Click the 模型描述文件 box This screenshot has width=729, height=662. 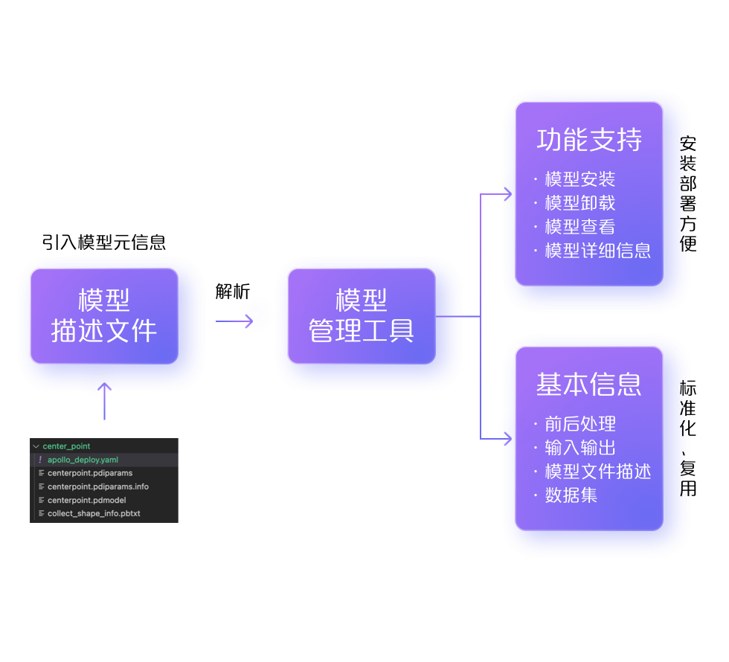[x=104, y=316]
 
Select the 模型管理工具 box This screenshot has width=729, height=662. [x=362, y=316]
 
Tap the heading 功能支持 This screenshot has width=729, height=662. [x=589, y=141]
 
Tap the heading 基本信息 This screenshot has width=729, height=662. [x=589, y=385]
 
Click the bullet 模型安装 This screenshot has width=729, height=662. [x=579, y=179]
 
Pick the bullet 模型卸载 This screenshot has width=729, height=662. [x=579, y=203]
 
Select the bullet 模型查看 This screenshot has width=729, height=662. [x=579, y=227]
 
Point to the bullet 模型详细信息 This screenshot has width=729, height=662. [x=597, y=251]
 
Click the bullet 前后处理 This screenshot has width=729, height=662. [x=579, y=424]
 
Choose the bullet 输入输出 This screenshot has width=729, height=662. [x=579, y=448]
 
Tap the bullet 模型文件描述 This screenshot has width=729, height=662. [x=597, y=472]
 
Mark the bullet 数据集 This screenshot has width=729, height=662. [x=571, y=495]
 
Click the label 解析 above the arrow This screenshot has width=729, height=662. [x=233, y=292]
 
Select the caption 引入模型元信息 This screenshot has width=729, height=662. [x=104, y=242]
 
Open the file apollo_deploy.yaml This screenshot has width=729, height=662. [x=83, y=460]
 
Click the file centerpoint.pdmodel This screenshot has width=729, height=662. [x=86, y=500]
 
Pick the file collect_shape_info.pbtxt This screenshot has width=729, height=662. [x=94, y=513]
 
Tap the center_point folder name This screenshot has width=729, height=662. [x=66, y=446]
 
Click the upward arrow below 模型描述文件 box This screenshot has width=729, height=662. [x=104, y=401]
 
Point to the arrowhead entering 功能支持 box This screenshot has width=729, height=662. [x=507, y=195]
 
